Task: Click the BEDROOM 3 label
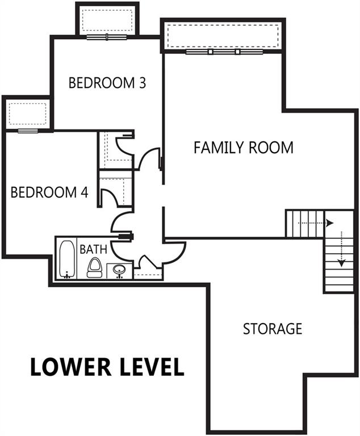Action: pos(107,83)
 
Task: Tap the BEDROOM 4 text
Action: pos(49,192)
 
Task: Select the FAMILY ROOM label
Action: pos(244,148)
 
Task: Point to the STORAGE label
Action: pos(273,328)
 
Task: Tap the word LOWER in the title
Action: pos(64,367)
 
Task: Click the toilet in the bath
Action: pos(94,267)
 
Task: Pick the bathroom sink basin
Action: pos(119,269)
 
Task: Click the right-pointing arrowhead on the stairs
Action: pos(330,223)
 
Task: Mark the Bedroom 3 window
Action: pos(107,37)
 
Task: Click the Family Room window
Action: pos(223,52)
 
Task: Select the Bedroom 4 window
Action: pos(27,131)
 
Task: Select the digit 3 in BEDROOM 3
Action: pos(142,83)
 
